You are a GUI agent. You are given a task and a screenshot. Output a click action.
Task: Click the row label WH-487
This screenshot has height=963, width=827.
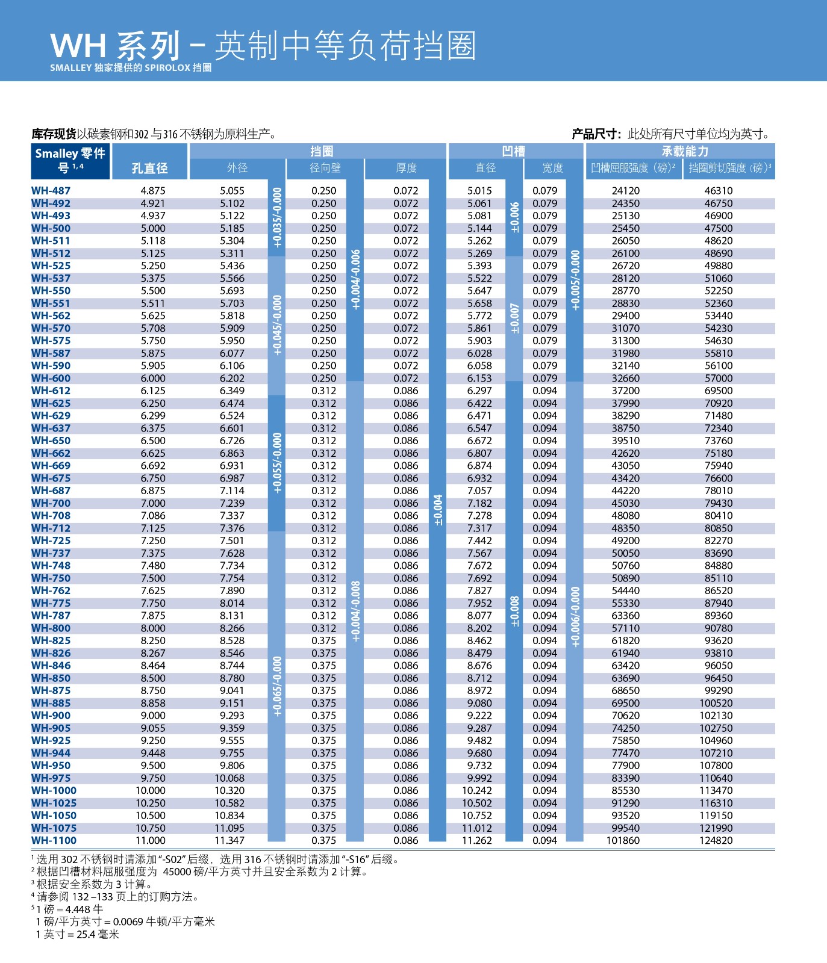pyautogui.click(x=51, y=191)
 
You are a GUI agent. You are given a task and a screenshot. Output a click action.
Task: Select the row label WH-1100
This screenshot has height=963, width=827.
pyautogui.click(x=54, y=840)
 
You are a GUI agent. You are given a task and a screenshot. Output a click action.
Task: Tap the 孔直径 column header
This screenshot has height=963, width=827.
pyautogui.click(x=149, y=168)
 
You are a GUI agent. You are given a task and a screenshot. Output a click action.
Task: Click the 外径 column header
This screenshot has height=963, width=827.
pyautogui.click(x=237, y=168)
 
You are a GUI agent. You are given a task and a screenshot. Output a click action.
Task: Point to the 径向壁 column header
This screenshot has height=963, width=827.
pyautogui.click(x=325, y=168)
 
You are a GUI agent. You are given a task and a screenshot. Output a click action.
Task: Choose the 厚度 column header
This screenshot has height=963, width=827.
pyautogui.click(x=406, y=168)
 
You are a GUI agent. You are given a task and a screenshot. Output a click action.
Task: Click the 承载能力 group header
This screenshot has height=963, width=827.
pyautogui.click(x=685, y=151)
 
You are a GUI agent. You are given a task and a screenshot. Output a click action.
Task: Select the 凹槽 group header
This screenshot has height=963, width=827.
pyautogui.click(x=514, y=151)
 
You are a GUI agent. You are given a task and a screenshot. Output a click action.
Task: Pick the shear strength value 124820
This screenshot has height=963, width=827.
pyautogui.click(x=716, y=840)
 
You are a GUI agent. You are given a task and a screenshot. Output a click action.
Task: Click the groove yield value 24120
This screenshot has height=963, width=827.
pyautogui.click(x=625, y=191)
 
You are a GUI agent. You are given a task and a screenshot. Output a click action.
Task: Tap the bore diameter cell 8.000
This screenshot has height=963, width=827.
pyautogui.click(x=153, y=628)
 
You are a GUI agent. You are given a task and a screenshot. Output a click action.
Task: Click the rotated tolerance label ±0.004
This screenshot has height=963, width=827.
pyautogui.click(x=438, y=510)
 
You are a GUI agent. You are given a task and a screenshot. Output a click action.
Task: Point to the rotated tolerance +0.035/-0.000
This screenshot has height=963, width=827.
pyautogui.click(x=276, y=217)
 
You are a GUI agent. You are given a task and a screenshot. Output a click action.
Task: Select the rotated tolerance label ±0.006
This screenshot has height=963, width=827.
pyautogui.click(x=514, y=217)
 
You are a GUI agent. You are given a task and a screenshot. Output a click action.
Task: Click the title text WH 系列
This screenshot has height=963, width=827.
pyautogui.click(x=115, y=46)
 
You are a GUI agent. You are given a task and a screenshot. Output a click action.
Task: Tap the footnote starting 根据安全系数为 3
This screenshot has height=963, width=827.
pyautogui.click(x=94, y=884)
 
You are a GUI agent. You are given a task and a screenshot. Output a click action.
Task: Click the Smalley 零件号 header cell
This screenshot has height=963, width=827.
pyautogui.click(x=70, y=160)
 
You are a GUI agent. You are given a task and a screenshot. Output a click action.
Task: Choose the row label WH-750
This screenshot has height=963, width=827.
pyautogui.click(x=51, y=578)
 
